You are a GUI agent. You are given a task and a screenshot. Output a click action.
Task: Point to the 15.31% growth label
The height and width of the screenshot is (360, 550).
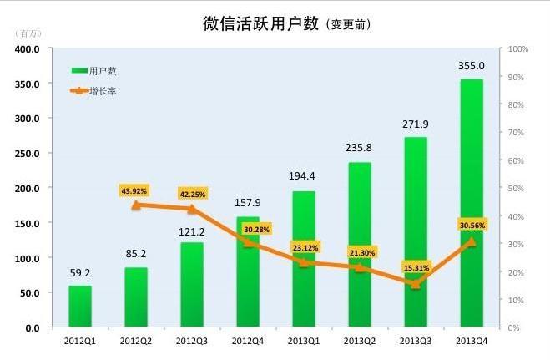(x=416, y=267)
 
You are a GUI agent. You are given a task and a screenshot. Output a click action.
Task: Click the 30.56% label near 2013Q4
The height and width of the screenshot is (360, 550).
(x=472, y=225)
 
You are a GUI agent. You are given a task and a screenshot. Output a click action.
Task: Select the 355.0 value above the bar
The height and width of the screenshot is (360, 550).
(x=472, y=65)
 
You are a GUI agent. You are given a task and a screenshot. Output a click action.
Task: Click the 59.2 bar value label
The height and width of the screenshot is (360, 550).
(x=80, y=271)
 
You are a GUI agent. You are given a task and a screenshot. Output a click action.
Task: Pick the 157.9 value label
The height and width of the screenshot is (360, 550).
(x=248, y=202)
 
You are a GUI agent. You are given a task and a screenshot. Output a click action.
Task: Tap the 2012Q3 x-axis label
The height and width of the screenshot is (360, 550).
(x=192, y=341)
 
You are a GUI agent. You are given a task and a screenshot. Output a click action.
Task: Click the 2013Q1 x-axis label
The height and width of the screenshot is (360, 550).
(x=304, y=341)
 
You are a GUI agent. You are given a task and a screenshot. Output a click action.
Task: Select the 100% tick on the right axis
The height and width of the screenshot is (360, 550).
(x=519, y=49)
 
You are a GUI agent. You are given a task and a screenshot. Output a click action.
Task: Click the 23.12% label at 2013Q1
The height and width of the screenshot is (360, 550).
(x=304, y=248)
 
